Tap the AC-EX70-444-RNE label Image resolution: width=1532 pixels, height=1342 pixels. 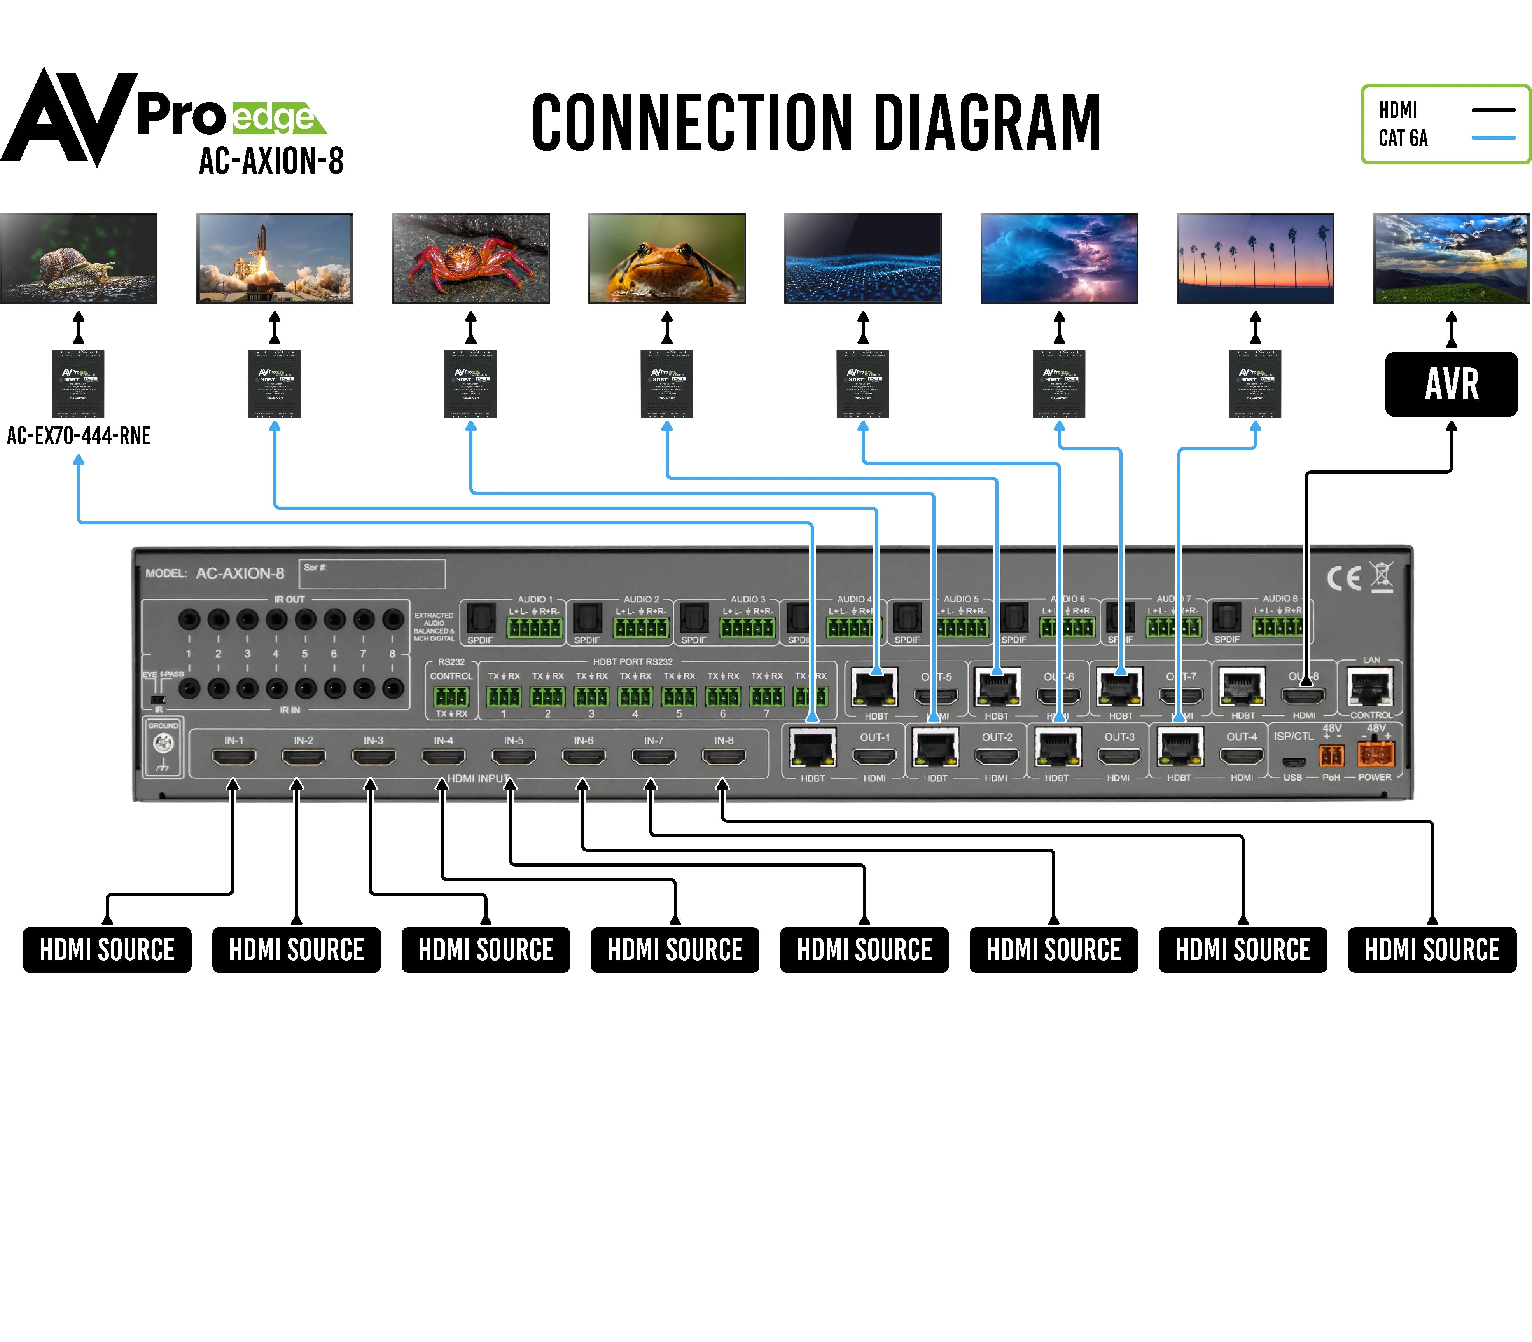pos(79,436)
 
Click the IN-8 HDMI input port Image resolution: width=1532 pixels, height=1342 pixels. pos(723,757)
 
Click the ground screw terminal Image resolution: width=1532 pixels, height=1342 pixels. pos(163,744)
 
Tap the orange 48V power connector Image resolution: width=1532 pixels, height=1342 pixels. pos(1375,755)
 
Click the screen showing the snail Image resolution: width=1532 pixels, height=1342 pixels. pos(79,259)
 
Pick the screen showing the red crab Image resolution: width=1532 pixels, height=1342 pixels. pos(470,259)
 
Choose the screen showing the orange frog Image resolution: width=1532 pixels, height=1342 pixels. pos(667,259)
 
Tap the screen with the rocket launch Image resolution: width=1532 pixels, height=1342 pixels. pos(274,259)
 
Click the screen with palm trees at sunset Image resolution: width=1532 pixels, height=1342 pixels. pos(1255,259)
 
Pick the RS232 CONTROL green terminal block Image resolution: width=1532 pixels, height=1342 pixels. pos(451,696)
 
